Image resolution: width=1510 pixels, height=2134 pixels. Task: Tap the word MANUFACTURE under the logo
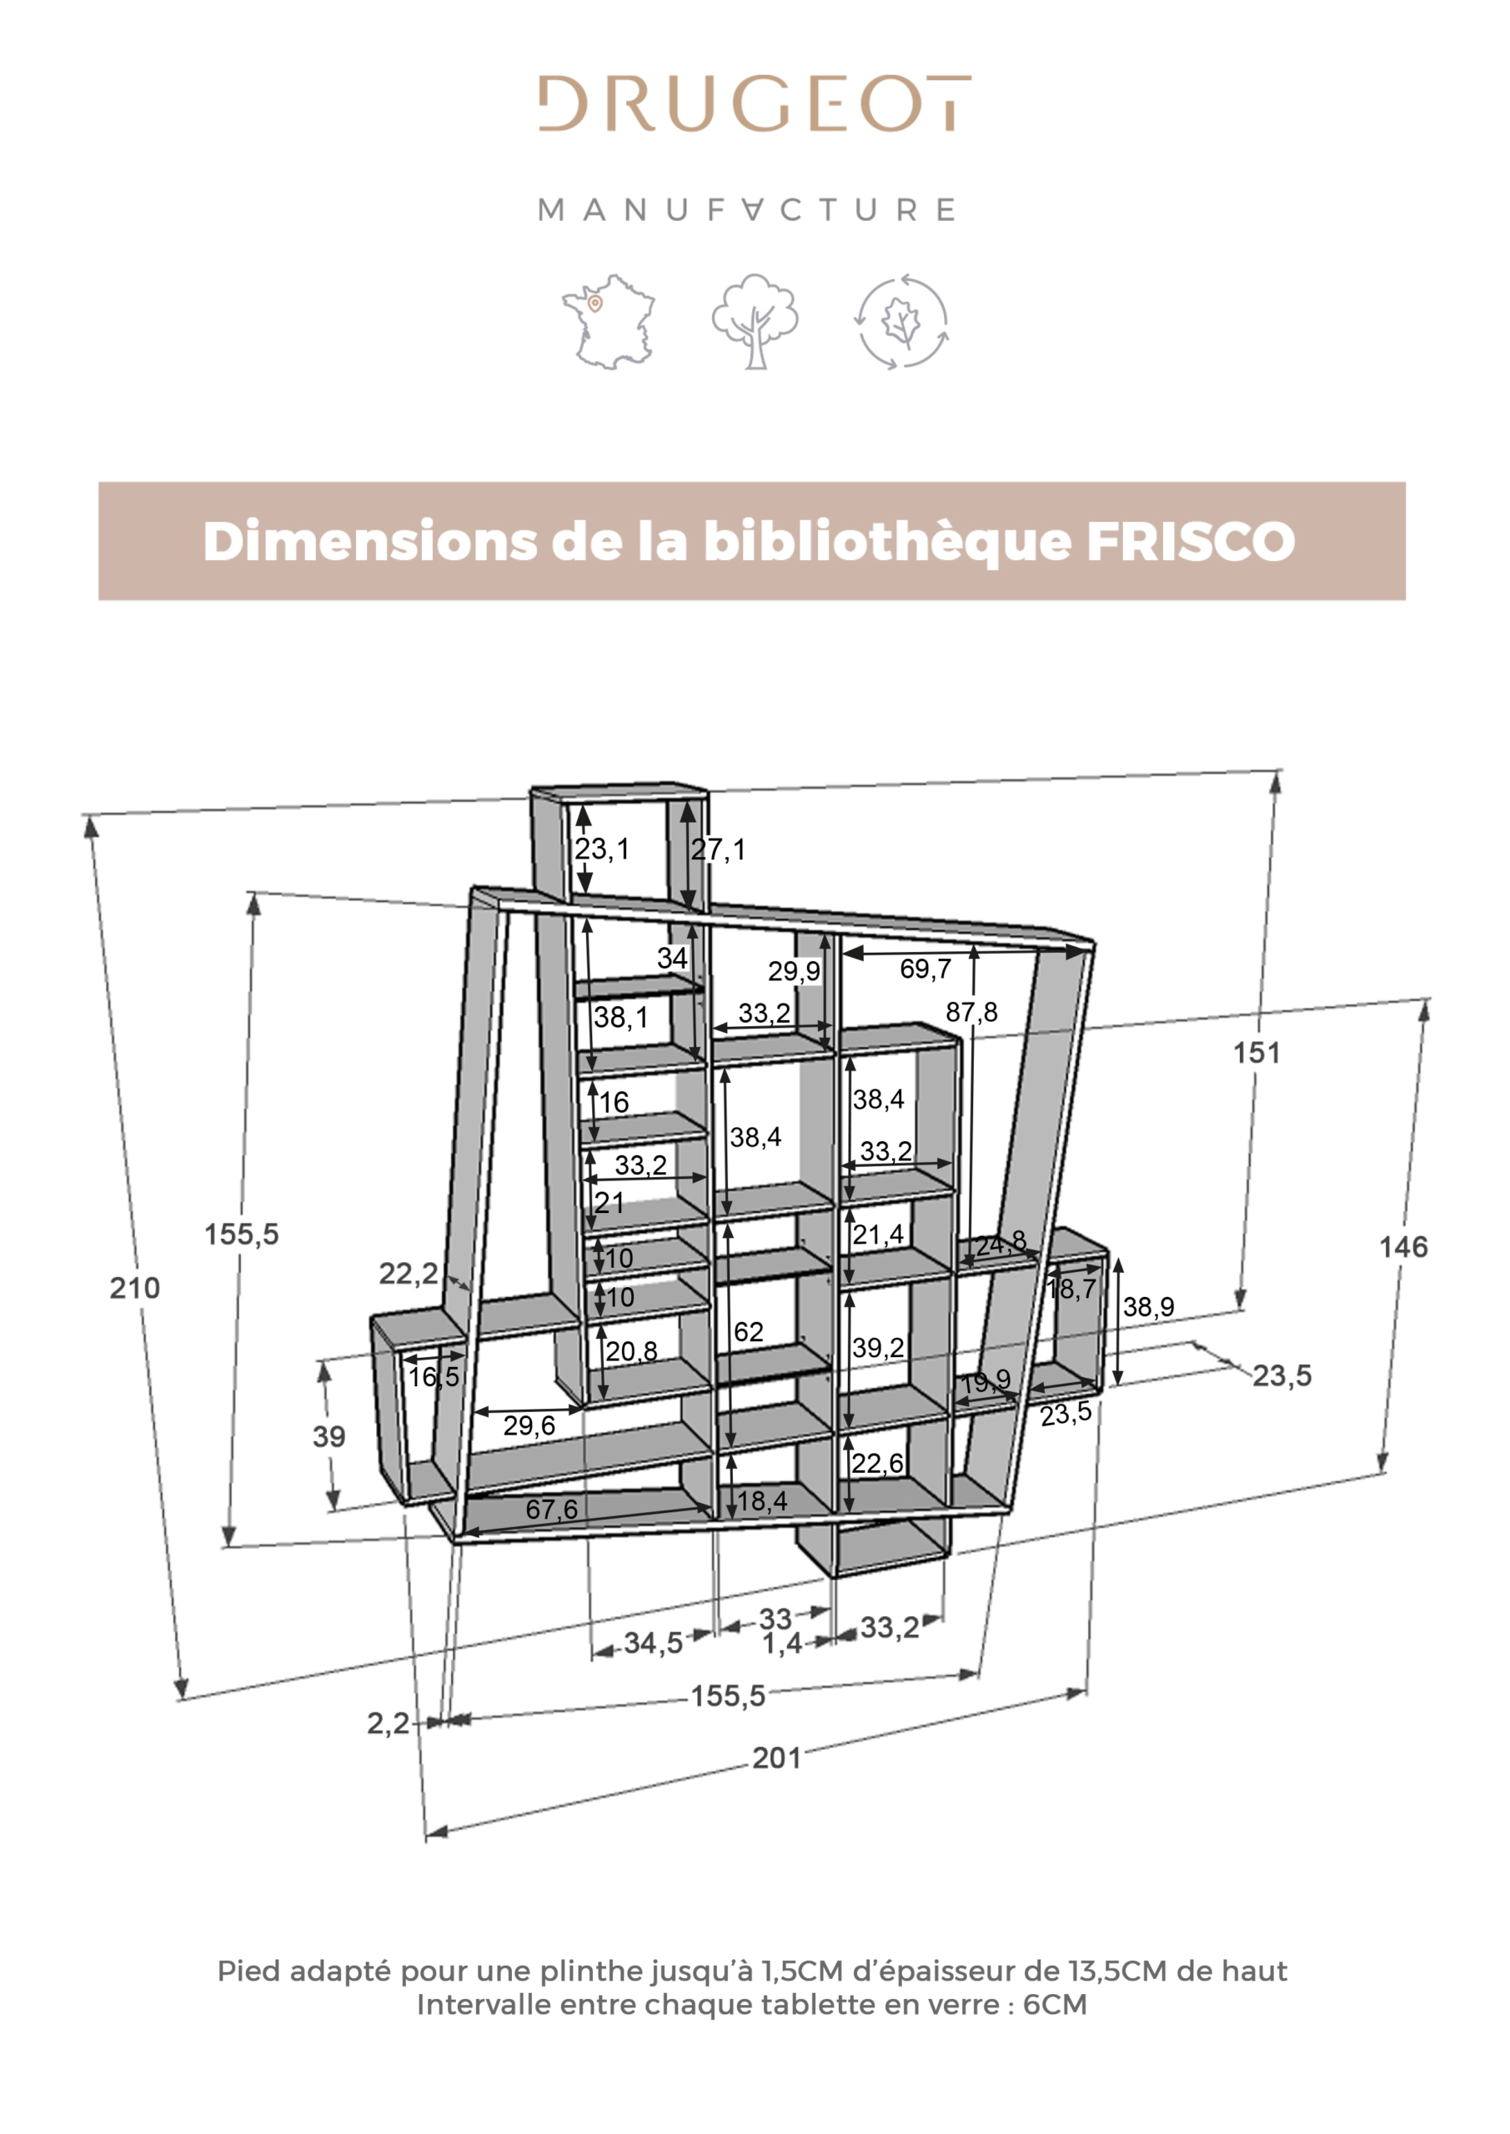[746, 210]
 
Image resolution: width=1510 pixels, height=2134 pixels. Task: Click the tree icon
[755, 321]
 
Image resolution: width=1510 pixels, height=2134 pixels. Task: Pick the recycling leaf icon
[902, 322]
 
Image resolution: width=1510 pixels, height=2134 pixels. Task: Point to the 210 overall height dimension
[135, 1288]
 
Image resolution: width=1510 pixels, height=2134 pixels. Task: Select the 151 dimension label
[1257, 1053]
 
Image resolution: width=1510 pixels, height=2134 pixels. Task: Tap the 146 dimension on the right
[1403, 1247]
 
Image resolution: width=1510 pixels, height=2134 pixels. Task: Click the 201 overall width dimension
[776, 1759]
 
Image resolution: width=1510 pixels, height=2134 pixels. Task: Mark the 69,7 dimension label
[926, 969]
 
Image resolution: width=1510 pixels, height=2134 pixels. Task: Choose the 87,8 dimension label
[971, 1012]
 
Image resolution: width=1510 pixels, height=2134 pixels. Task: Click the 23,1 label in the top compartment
[602, 849]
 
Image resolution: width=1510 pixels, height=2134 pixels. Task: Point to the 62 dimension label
[749, 1332]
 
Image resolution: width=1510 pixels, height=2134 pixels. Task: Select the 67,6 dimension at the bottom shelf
[551, 1510]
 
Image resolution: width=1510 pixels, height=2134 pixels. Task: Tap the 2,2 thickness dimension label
[388, 1724]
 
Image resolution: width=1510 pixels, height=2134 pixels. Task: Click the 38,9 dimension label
[1148, 1307]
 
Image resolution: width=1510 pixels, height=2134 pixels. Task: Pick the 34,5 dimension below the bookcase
[653, 1643]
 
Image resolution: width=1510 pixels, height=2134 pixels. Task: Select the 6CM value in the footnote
[1055, 2005]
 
